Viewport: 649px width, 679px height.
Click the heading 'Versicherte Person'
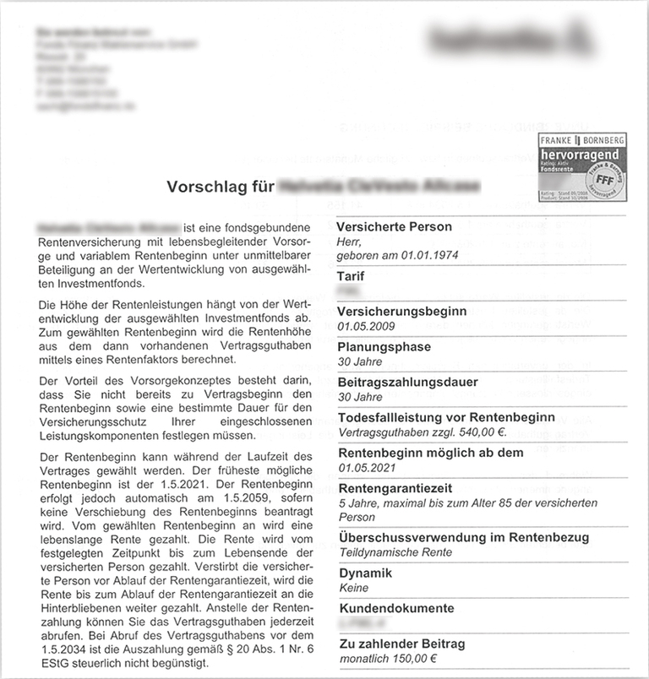point(394,227)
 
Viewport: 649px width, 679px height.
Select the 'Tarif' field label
point(351,276)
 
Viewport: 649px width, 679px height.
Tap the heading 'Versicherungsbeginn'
point(401,311)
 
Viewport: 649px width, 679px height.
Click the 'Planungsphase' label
point(384,346)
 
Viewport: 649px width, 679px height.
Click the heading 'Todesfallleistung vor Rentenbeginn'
point(445,417)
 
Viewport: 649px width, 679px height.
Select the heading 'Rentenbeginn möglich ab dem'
point(428,453)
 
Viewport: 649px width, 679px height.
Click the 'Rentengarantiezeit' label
point(395,488)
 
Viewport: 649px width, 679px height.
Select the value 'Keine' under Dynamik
point(353,588)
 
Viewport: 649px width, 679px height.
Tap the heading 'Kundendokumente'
point(396,608)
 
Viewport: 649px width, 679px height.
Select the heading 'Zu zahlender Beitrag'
point(401,644)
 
